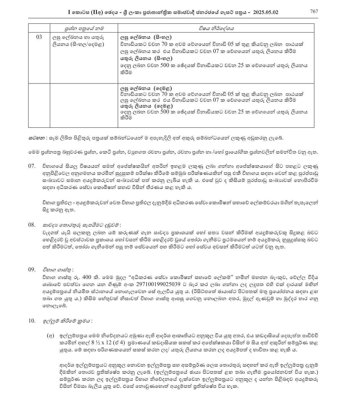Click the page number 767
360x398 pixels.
pyautogui.click(x=314, y=12)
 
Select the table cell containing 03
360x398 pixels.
pyautogui.click(x=39, y=37)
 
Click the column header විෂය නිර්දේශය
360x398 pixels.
pyautogui.click(x=216, y=28)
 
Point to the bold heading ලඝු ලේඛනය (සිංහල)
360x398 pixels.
pyautogui.click(x=146, y=37)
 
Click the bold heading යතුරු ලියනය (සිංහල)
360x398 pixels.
pyautogui.click(x=147, y=58)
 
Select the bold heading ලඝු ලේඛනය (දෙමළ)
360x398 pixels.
pyautogui.click(x=146, y=88)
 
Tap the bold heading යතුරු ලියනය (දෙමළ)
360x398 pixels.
pyautogui.click(x=147, y=106)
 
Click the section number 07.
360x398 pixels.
pyautogui.click(x=32, y=166)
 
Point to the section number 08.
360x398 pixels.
pyautogui.click(x=32, y=225)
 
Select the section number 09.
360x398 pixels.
pyautogui.click(x=32, y=269)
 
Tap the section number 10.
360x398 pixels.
pyautogui.click(x=32, y=321)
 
